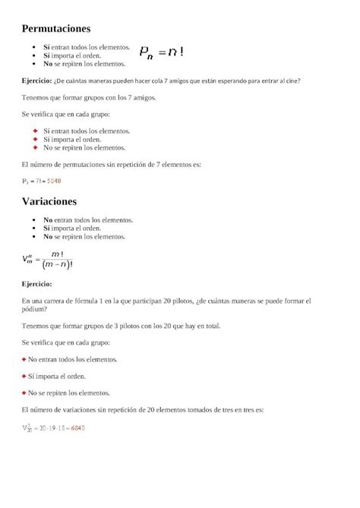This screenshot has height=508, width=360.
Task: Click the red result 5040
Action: coord(54,181)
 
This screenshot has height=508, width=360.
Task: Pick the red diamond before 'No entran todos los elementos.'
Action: coord(24,359)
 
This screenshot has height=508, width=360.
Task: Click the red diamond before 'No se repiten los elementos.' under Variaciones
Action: coord(24,393)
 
